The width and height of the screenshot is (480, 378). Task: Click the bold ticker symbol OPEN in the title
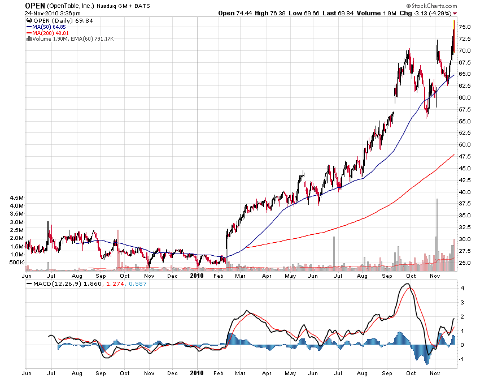click(35, 5)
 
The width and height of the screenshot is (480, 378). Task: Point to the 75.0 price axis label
click(465, 27)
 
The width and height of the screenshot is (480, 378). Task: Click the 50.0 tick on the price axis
click(465, 145)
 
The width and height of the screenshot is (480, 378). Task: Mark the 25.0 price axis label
click(465, 263)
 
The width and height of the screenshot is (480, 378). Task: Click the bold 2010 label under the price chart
click(196, 276)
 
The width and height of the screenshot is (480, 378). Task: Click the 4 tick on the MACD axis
click(461, 288)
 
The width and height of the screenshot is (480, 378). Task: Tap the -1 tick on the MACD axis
click(462, 359)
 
